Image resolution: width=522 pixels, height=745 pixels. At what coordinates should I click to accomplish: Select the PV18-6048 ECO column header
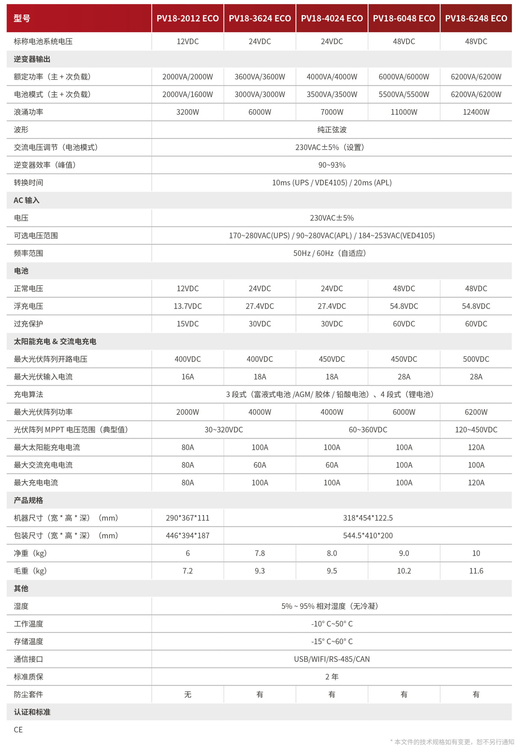(x=404, y=18)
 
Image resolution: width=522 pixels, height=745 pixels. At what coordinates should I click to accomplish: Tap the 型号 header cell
(x=22, y=18)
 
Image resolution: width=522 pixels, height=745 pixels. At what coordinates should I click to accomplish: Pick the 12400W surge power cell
(x=476, y=112)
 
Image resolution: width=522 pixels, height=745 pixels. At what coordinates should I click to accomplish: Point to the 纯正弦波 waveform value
(x=332, y=130)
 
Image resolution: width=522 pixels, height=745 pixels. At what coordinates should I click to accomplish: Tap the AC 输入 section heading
(x=26, y=200)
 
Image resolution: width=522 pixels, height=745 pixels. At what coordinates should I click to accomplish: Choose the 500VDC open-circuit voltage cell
(x=476, y=359)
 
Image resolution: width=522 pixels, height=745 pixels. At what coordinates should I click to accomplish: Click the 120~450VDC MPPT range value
(x=476, y=430)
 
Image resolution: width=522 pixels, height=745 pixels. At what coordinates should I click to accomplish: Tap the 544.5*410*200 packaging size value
(x=368, y=535)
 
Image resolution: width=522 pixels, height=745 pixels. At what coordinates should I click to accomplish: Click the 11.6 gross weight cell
(x=476, y=571)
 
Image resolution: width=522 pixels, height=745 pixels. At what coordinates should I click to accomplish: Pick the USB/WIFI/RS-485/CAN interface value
(x=332, y=659)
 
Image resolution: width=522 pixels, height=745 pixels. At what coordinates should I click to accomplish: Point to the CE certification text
(x=18, y=730)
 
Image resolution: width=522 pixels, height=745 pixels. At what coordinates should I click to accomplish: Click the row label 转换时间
(x=28, y=183)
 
